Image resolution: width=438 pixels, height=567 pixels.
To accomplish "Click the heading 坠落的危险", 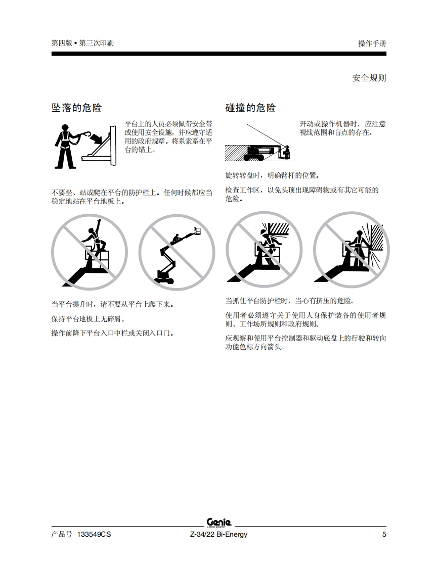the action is click(x=76, y=108).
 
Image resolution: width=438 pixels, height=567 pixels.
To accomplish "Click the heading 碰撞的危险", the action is click(x=250, y=108).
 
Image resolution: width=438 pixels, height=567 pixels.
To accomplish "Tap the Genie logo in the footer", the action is click(x=219, y=523).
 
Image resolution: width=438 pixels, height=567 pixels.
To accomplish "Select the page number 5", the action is click(x=384, y=534).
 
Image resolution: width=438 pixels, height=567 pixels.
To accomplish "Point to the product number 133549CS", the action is click(x=94, y=534).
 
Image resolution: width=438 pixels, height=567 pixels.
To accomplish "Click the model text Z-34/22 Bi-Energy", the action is click(x=218, y=534).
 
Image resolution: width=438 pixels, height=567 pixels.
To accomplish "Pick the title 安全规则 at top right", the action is click(x=369, y=78).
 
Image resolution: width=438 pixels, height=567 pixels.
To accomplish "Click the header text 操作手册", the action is click(x=372, y=43).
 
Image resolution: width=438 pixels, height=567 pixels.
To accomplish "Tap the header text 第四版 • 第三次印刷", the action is click(x=82, y=43).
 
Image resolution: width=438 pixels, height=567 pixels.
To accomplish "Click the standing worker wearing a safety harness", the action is click(x=65, y=147).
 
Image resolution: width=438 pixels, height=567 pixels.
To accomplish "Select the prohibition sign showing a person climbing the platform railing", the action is click(x=90, y=252).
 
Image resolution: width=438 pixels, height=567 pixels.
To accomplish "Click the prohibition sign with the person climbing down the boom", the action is click(x=177, y=252).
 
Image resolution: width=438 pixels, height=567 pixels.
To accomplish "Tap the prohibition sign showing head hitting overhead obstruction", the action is click(x=264, y=250).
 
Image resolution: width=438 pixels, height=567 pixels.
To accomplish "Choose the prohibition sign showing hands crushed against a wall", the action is click(x=352, y=250).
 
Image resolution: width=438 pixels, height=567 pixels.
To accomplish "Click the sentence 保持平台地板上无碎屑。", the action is click(x=89, y=319).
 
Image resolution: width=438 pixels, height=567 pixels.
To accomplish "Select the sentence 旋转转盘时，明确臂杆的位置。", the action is click(x=273, y=176).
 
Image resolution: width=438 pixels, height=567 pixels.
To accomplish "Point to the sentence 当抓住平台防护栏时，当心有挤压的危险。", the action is click(x=290, y=301).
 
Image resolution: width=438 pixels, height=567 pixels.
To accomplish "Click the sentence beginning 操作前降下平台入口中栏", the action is click(x=113, y=333).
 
